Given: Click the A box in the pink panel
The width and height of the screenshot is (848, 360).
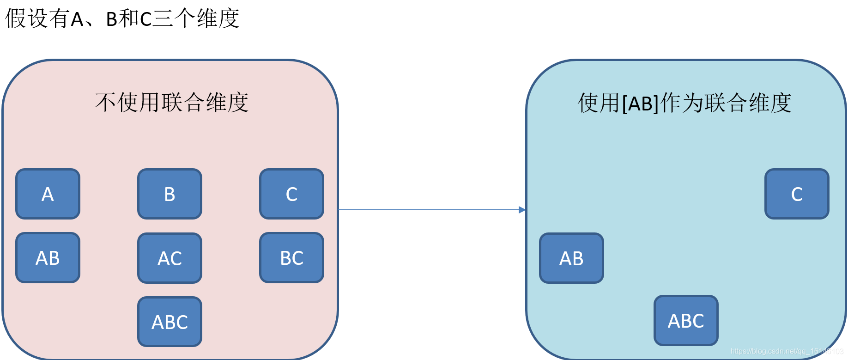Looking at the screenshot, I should point(48,194).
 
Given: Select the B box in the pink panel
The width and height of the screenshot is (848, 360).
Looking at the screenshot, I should point(170,194).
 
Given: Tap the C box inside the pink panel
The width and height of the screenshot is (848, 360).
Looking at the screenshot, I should point(291,194).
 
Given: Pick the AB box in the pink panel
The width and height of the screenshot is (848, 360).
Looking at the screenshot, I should point(48,258).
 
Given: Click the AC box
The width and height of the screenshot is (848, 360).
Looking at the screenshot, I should point(170,258).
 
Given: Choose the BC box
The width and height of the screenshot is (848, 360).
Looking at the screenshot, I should point(291,258).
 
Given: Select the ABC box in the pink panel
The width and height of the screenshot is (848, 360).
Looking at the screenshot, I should point(170,322).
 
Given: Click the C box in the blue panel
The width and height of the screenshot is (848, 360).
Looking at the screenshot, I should point(797,194).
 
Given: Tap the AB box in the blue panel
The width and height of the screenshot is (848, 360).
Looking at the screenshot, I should point(571,258).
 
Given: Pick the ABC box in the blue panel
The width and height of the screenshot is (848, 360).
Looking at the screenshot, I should point(686,321).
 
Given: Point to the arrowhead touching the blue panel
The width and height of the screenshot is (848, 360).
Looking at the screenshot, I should point(522,210).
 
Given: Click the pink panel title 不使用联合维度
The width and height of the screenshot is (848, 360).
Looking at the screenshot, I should point(172,102).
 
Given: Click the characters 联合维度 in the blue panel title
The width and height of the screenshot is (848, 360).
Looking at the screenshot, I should point(748,102).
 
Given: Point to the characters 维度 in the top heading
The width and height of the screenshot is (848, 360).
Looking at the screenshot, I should point(218,18).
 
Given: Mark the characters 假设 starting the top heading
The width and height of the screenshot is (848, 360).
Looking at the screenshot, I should point(27,18).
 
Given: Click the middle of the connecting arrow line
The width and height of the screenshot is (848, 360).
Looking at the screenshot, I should point(432,210).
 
